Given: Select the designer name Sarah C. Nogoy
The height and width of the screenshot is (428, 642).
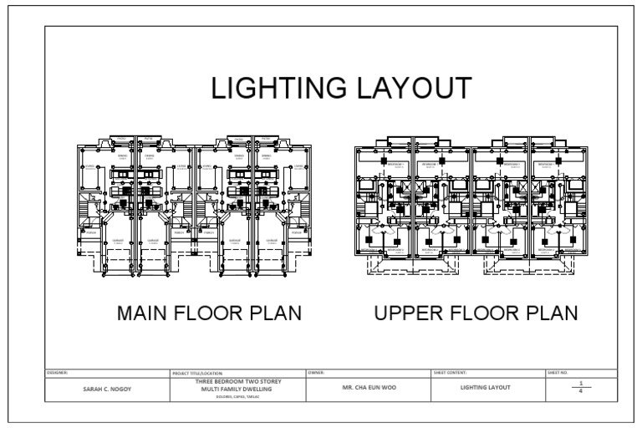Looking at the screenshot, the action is pos(106,389).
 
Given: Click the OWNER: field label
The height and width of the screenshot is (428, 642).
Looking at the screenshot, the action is pos(315,372).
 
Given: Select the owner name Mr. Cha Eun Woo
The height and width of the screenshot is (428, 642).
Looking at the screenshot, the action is pos(368,389).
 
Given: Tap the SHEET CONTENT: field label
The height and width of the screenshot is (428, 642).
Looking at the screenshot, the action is pos(451,372).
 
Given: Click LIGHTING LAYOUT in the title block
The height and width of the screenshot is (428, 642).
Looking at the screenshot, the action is pos(486,389).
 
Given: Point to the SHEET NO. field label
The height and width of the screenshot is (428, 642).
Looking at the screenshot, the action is pos(558,372).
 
